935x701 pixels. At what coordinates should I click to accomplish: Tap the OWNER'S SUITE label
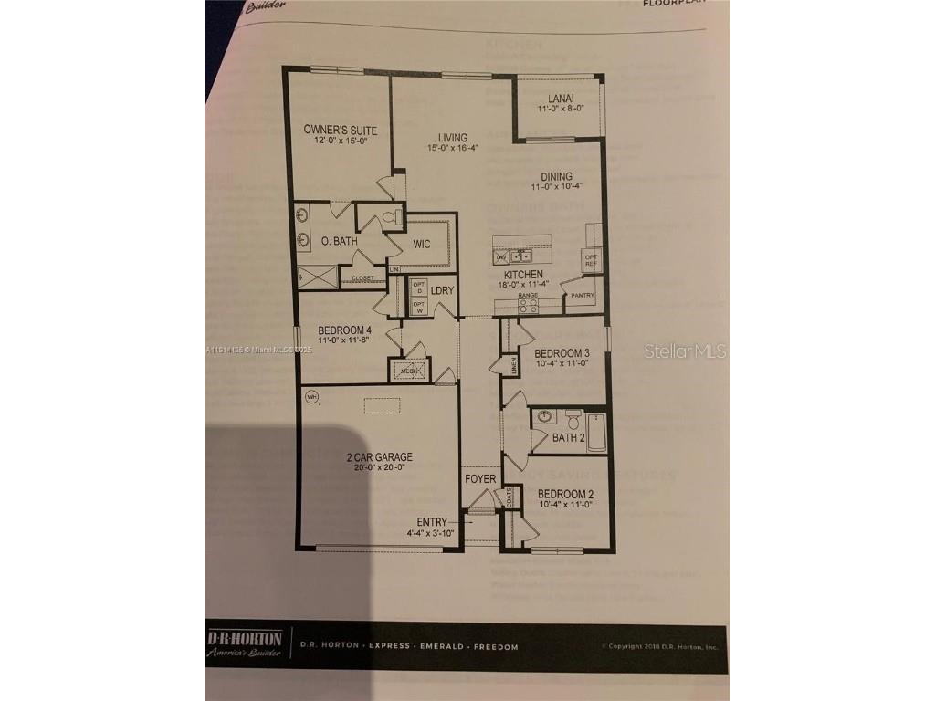(x=340, y=130)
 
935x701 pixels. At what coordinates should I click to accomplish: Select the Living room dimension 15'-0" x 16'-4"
(x=453, y=148)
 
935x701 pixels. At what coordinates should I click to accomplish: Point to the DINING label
(x=556, y=177)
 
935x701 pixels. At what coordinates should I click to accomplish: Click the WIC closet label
(x=420, y=244)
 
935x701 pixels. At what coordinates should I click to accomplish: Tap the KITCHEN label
(x=523, y=274)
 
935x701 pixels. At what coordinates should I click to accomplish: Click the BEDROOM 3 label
(x=562, y=353)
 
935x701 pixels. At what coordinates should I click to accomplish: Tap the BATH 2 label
(x=569, y=438)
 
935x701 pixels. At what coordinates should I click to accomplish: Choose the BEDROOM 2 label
(x=565, y=493)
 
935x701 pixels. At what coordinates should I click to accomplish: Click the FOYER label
(x=480, y=479)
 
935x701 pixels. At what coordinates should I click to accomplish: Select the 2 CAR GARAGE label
(x=379, y=457)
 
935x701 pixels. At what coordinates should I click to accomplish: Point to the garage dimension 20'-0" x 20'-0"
(x=379, y=467)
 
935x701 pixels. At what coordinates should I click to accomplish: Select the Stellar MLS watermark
(x=685, y=350)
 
